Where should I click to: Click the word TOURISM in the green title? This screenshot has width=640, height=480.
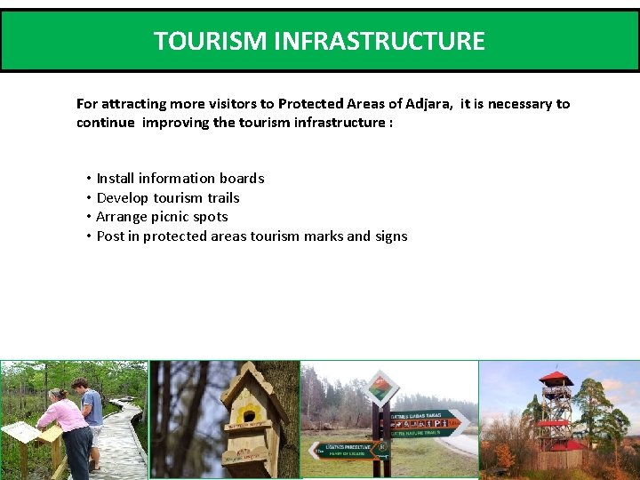(198, 42)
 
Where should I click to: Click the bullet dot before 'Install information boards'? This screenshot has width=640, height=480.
(90, 179)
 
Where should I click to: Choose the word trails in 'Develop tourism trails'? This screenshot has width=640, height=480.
(223, 198)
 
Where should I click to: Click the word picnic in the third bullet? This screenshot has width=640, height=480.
(170, 217)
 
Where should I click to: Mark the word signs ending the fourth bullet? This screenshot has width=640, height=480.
(391, 236)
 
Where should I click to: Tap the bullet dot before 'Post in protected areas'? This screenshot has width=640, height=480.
(90, 236)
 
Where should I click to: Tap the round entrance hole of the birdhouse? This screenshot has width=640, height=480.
(248, 415)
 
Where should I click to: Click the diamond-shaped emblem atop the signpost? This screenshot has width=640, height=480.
(381, 388)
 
